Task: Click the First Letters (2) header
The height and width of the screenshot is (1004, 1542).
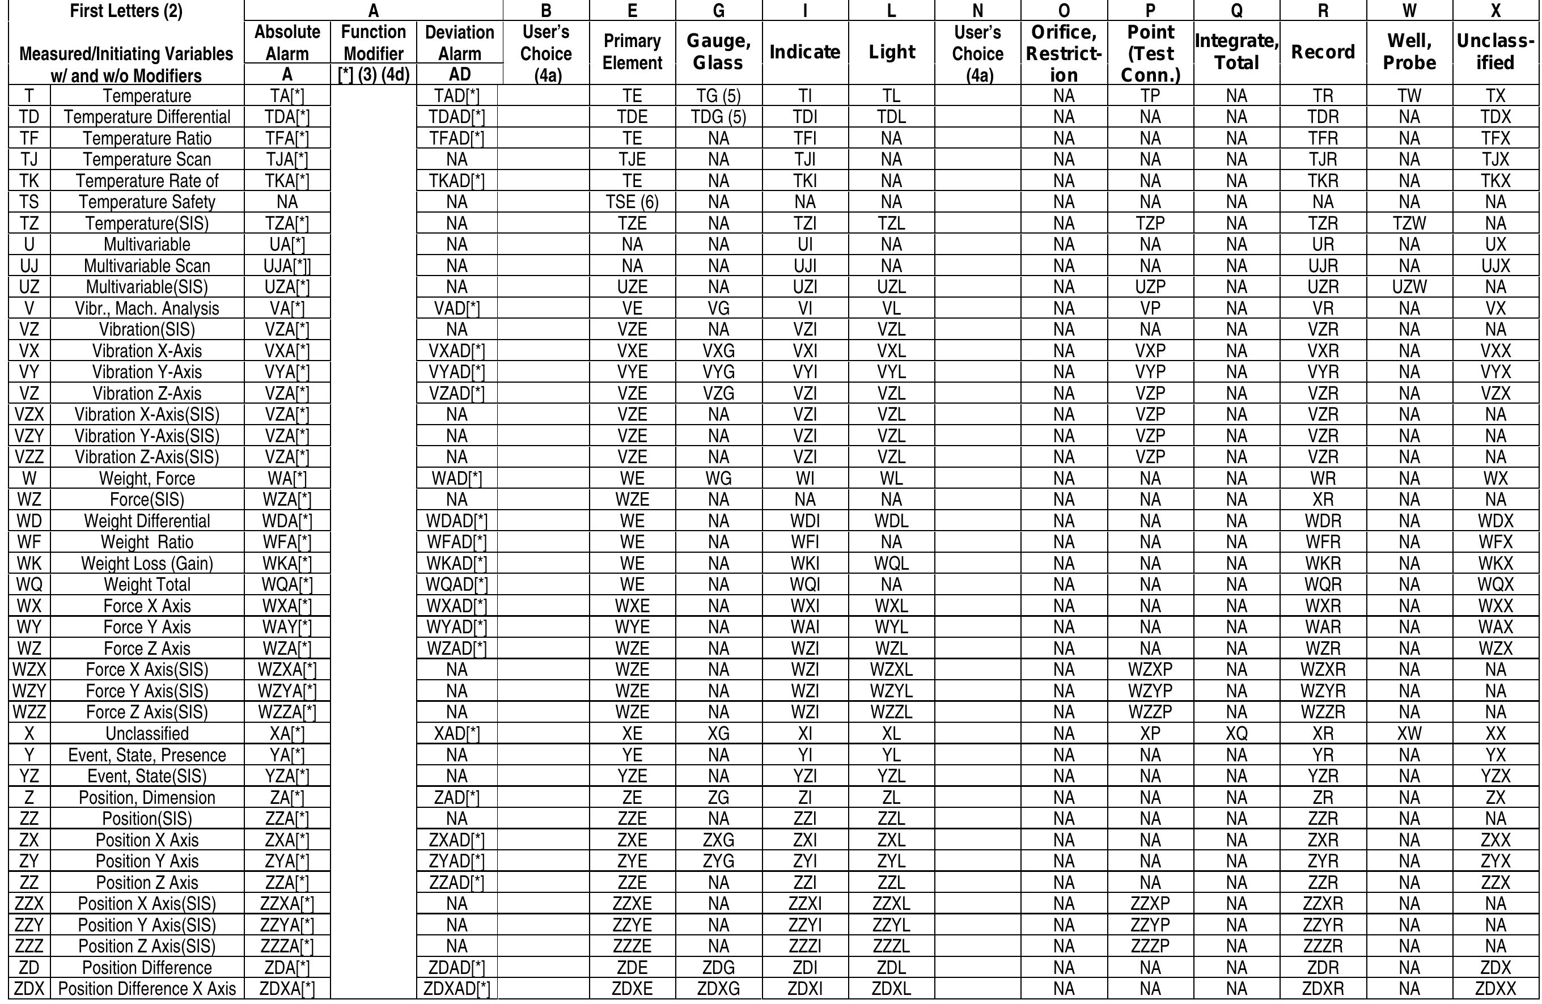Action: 126,11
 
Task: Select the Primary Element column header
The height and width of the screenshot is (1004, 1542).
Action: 632,52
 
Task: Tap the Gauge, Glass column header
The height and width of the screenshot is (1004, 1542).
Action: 718,52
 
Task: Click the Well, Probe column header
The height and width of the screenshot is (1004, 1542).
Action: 1409,52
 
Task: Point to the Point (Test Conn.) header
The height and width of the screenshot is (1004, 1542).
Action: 1150,53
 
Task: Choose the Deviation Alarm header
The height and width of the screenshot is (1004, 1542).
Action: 459,43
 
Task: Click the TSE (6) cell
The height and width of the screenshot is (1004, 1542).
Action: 632,202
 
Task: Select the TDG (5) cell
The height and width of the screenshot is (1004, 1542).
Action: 718,117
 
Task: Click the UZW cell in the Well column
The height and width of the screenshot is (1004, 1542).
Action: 1409,287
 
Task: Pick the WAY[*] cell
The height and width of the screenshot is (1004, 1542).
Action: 287,627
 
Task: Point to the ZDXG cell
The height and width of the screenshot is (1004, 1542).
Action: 718,989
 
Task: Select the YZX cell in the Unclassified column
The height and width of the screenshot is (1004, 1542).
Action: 1496,776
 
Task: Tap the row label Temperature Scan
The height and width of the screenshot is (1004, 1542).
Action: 147,159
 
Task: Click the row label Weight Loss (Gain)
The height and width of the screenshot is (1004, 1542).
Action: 147,564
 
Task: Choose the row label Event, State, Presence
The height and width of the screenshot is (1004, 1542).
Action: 147,755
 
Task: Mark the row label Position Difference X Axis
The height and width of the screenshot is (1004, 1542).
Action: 147,989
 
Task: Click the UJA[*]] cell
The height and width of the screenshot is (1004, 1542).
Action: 287,265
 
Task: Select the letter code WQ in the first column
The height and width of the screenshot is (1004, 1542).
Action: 29,585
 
